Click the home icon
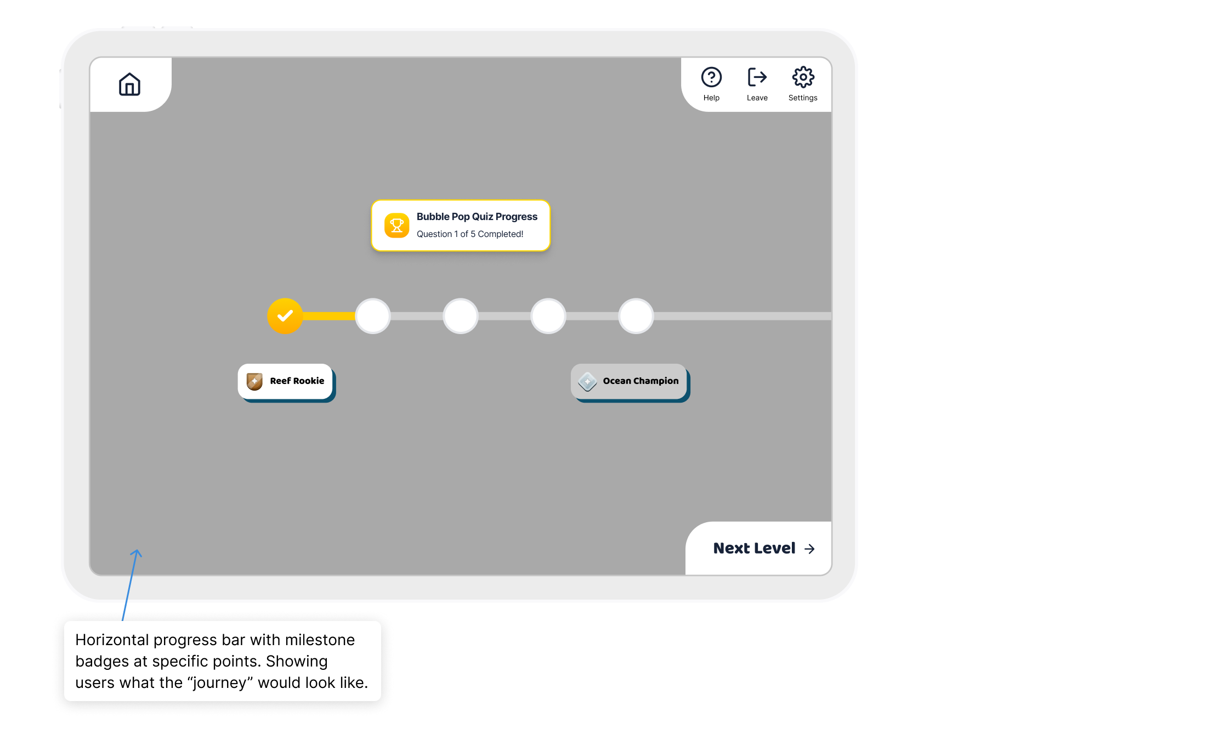tap(129, 84)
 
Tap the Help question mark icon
tap(711, 77)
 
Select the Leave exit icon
tap(757, 77)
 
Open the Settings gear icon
tap(803, 77)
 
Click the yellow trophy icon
tap(396, 225)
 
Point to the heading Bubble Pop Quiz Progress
tap(477, 217)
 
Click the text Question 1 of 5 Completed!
tap(469, 234)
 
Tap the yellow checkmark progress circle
tap(285, 316)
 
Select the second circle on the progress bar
tap(373, 316)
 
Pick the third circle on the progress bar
tap(461, 316)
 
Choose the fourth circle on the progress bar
tap(548, 316)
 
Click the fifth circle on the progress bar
tap(636, 316)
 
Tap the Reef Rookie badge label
tap(297, 381)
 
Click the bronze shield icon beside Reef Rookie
tap(254, 381)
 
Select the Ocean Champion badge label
tap(641, 381)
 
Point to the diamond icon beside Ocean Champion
tap(587, 381)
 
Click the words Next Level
tap(754, 548)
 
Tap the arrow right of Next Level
tap(809, 549)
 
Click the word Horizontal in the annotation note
tap(112, 640)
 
